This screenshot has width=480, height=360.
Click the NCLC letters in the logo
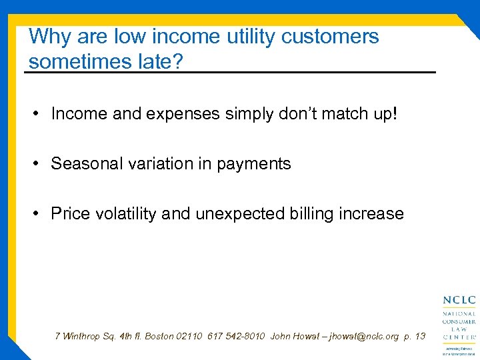pyautogui.click(x=459, y=301)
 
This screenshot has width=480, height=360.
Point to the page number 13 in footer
pyautogui.click(x=419, y=336)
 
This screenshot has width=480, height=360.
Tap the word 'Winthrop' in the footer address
pyautogui.click(x=84, y=336)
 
